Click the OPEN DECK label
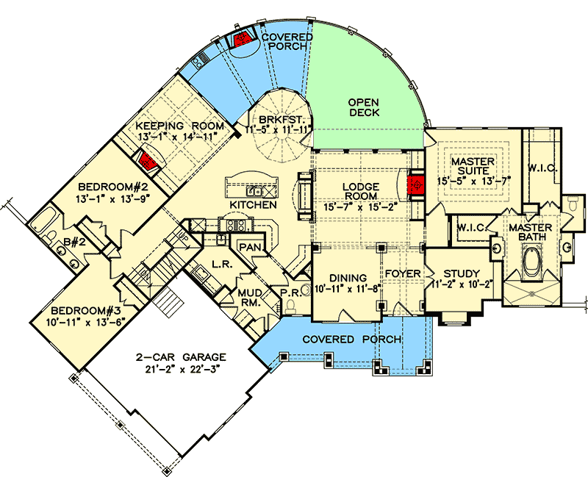click(364, 107)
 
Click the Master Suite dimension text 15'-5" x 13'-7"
click(473, 179)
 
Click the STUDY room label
click(462, 274)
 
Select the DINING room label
click(348, 277)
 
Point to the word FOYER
click(403, 274)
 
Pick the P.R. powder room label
click(291, 293)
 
